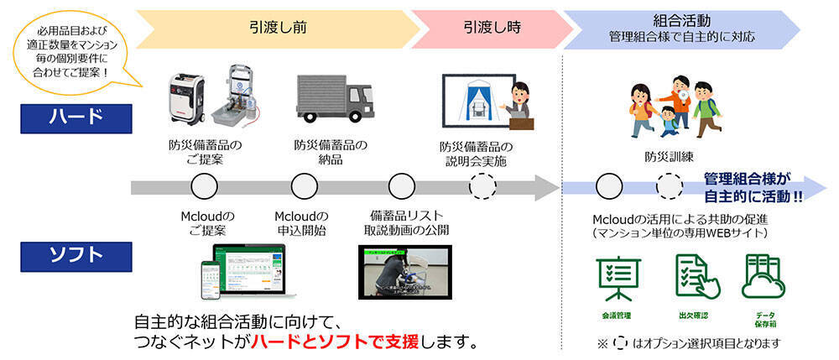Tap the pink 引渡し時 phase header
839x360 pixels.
pyautogui.click(x=492, y=27)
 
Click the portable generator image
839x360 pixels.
pyautogui.click(x=190, y=97)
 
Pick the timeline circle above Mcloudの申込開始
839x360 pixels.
pyautogui.click(x=303, y=185)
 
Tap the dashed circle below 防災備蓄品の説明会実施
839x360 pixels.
pyautogui.click(x=482, y=185)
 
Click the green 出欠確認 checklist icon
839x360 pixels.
pyautogui.click(x=691, y=277)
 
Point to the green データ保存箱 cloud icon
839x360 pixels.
pyautogui.click(x=761, y=277)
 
